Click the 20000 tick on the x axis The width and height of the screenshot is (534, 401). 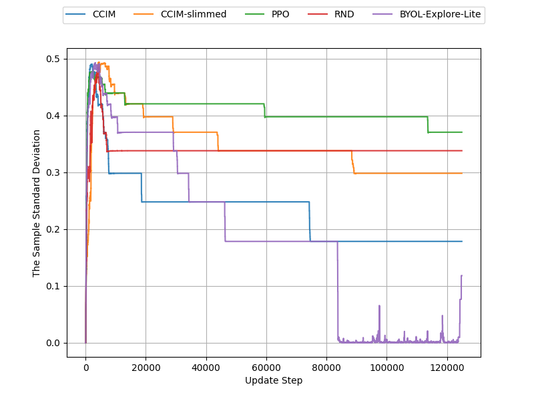click(146, 367)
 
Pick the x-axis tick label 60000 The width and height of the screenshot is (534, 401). click(266, 367)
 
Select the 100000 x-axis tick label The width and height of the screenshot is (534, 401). click(386, 367)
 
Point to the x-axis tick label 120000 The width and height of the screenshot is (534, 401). click(447, 367)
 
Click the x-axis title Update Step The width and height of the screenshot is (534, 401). click(274, 380)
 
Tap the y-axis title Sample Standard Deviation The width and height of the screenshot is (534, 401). click(37, 203)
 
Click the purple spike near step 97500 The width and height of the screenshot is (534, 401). click(379, 307)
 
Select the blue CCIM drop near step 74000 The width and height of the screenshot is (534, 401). click(310, 221)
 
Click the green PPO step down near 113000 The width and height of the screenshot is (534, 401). click(428, 124)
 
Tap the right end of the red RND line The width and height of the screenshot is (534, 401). click(462, 151)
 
